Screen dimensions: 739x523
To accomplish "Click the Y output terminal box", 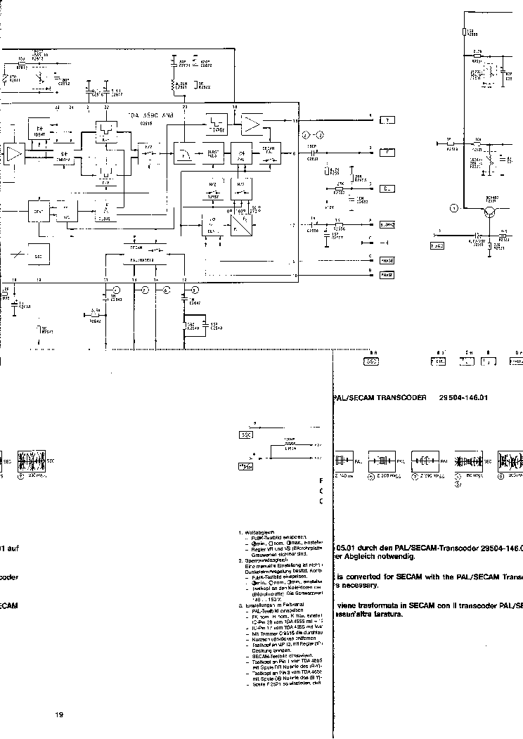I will pyautogui.click(x=387, y=121).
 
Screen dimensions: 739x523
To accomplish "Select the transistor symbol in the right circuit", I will pyautogui.click(x=496, y=210).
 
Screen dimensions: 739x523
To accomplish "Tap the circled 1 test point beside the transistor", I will pyautogui.click(x=454, y=207).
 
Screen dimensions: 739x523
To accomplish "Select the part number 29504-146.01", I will pyautogui.click(x=463, y=397).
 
